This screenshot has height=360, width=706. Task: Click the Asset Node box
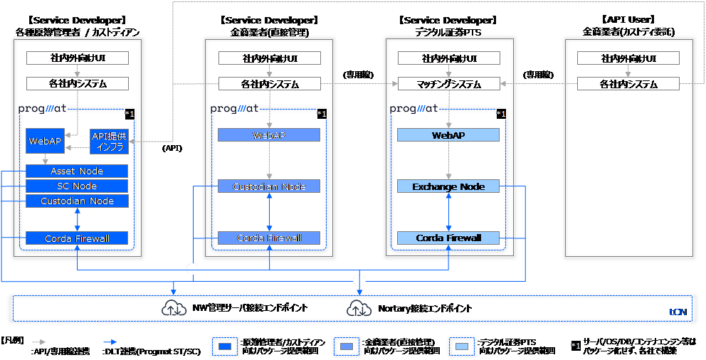pyautogui.click(x=77, y=171)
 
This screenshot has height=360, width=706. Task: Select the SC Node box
pyautogui.click(x=77, y=186)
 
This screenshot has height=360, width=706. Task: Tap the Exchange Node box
pyautogui.click(x=448, y=187)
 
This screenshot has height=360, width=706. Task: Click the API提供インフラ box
pyautogui.click(x=109, y=142)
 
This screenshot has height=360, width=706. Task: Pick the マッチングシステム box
pyautogui.click(x=448, y=84)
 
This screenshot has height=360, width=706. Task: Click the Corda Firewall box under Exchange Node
pyautogui.click(x=448, y=238)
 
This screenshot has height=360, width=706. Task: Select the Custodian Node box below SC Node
pyautogui.click(x=77, y=201)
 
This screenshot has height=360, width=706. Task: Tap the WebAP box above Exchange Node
pyautogui.click(x=448, y=134)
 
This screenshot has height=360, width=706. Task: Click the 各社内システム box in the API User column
pyautogui.click(x=628, y=84)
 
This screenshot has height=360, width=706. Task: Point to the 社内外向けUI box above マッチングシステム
pyautogui.click(x=448, y=58)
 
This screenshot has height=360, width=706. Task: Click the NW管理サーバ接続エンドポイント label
pyautogui.click(x=250, y=309)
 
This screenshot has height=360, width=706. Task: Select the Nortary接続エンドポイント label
pyautogui.click(x=424, y=309)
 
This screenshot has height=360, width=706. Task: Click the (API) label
pyautogui.click(x=172, y=149)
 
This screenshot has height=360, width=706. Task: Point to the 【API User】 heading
pyautogui.click(x=628, y=20)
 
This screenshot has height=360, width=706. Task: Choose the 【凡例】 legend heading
pyautogui.click(x=14, y=340)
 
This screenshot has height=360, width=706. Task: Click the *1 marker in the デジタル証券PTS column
pyautogui.click(x=501, y=113)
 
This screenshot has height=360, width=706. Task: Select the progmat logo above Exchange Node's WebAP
pyautogui.click(x=413, y=109)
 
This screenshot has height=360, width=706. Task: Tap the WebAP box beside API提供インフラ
pyautogui.click(x=45, y=142)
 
